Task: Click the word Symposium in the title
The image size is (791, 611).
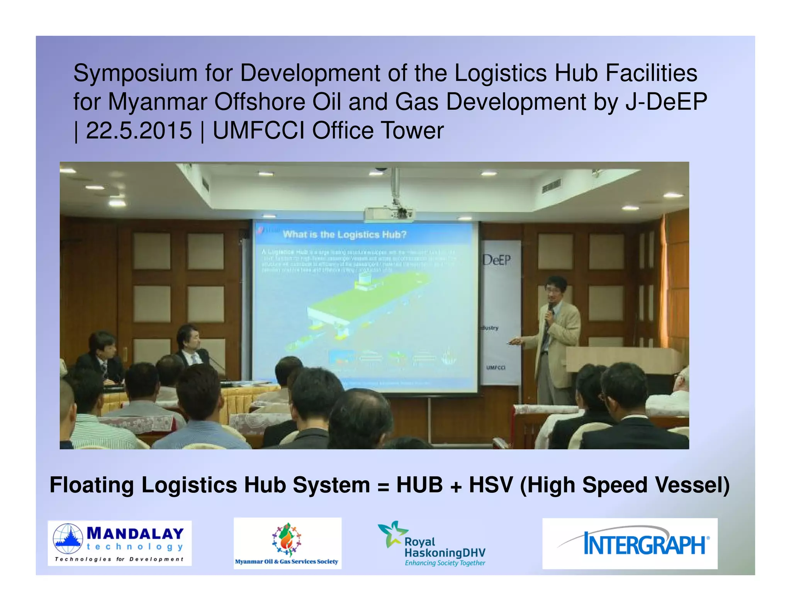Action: pos(136,73)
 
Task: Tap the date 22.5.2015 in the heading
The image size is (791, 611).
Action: pos(139,131)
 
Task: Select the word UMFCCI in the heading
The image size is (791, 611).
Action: pos(259,131)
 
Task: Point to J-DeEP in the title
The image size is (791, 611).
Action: pos(666,102)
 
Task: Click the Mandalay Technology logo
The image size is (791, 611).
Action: pos(119,543)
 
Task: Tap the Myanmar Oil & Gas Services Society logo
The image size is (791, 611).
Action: pos(287,543)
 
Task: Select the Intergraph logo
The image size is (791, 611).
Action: pos(630,543)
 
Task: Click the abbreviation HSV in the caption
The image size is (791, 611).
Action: pos(491,485)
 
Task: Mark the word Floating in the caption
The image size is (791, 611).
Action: pos(92,485)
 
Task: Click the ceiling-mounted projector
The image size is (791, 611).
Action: pos(389,214)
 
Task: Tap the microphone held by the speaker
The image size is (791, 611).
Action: pos(550,309)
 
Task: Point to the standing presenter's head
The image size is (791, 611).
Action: pos(555,287)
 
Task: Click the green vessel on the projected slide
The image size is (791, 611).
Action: pos(355,305)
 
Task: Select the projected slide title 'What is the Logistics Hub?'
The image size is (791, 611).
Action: pos(344,234)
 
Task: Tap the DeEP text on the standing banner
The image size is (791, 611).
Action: pos(497,260)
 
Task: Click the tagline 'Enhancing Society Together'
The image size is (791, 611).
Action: pos(445,563)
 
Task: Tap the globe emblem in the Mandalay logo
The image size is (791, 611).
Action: pos(68,538)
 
